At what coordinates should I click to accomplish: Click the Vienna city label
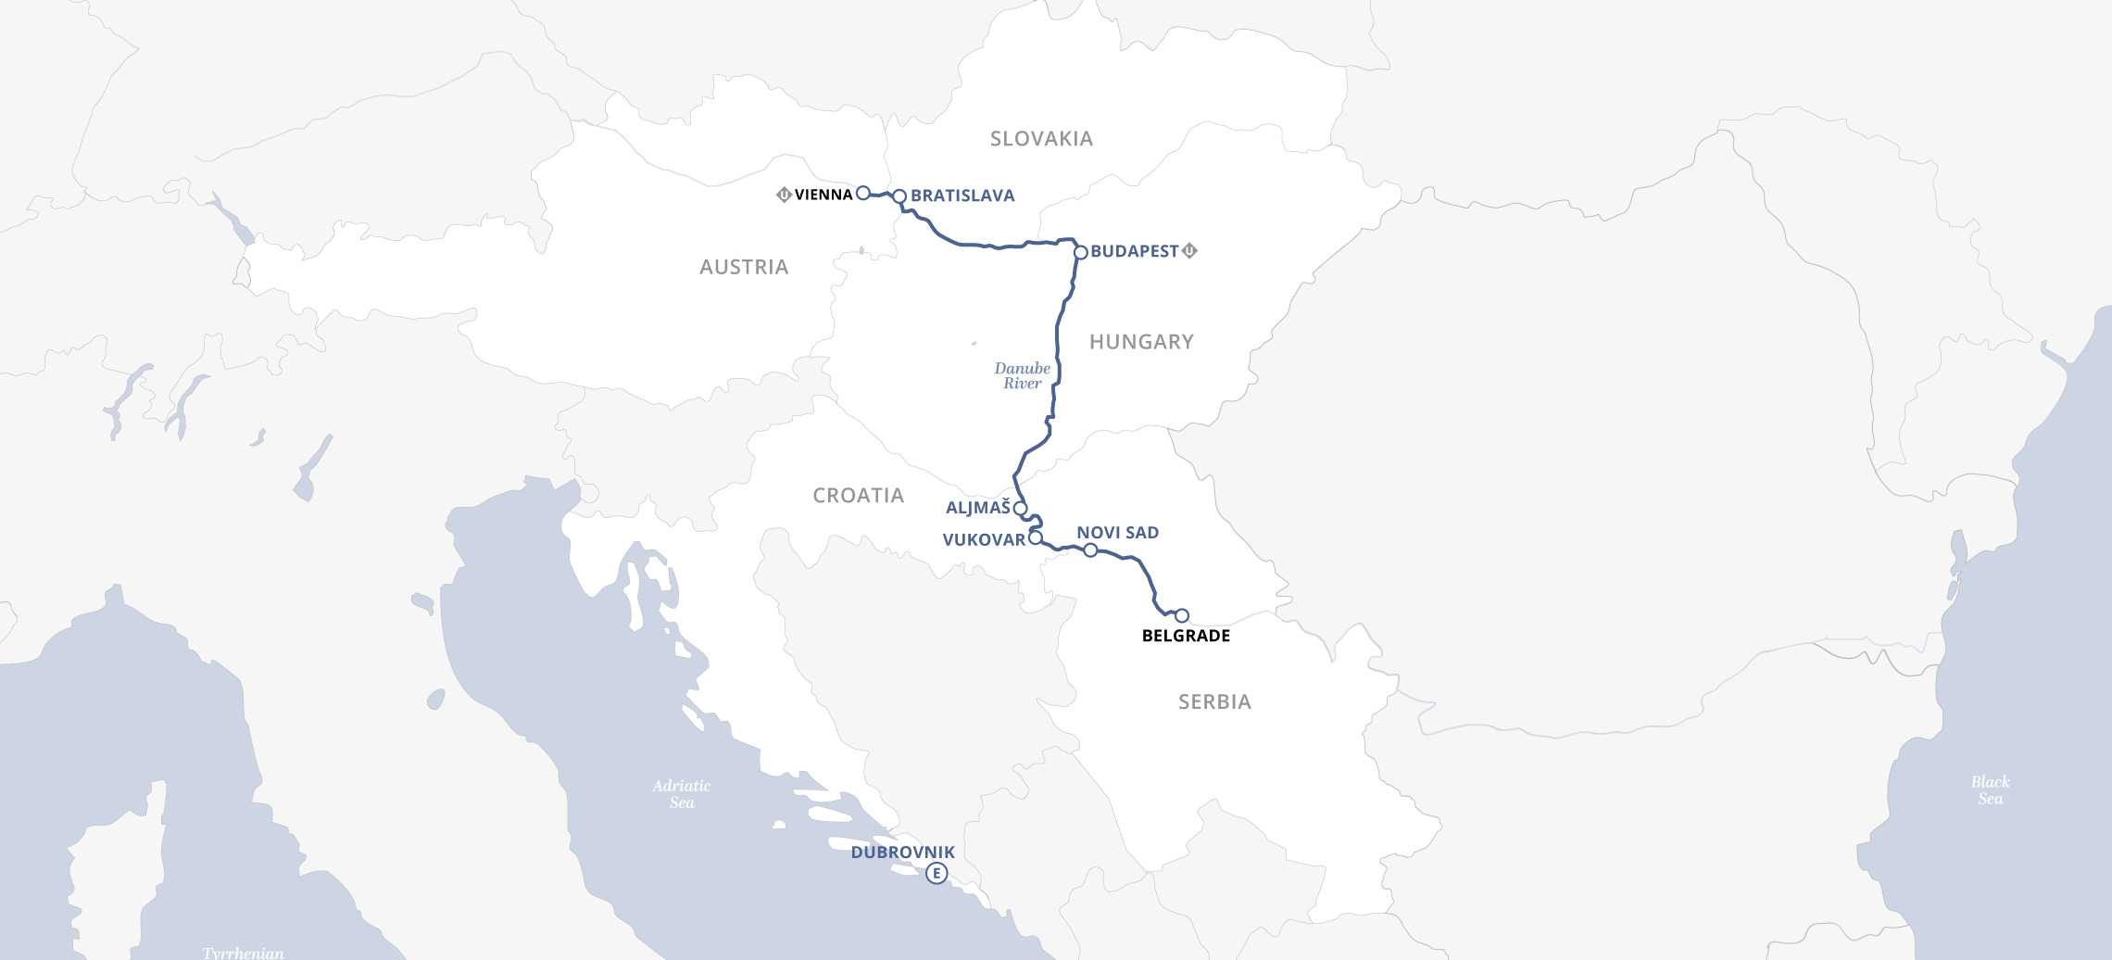[x=823, y=195]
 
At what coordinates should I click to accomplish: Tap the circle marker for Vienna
[x=862, y=193]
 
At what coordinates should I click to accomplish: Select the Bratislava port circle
[x=899, y=196]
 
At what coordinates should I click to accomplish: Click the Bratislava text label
[x=962, y=196]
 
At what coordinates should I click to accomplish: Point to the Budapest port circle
[x=1080, y=252]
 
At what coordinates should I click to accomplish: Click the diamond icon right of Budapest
[x=1190, y=250]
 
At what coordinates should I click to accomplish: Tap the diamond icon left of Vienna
[x=784, y=195]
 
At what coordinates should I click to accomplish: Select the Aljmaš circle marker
[x=1020, y=508]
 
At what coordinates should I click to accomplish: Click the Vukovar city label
[x=984, y=539]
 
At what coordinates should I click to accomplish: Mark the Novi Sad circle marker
[x=1090, y=550]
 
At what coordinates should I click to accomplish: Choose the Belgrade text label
[x=1186, y=636]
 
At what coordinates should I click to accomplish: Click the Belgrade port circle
[x=1182, y=615]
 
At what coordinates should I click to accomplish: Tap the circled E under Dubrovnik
[x=937, y=873]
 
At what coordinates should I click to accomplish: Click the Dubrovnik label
[x=902, y=853]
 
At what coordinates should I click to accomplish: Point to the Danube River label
[x=1023, y=375]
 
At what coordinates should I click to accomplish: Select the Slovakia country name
[x=1041, y=139]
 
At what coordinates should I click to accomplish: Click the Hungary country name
[x=1141, y=342]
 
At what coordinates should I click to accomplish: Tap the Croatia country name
[x=858, y=496]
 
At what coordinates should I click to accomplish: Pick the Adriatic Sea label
[x=682, y=794]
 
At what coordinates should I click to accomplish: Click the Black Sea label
[x=1990, y=790]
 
